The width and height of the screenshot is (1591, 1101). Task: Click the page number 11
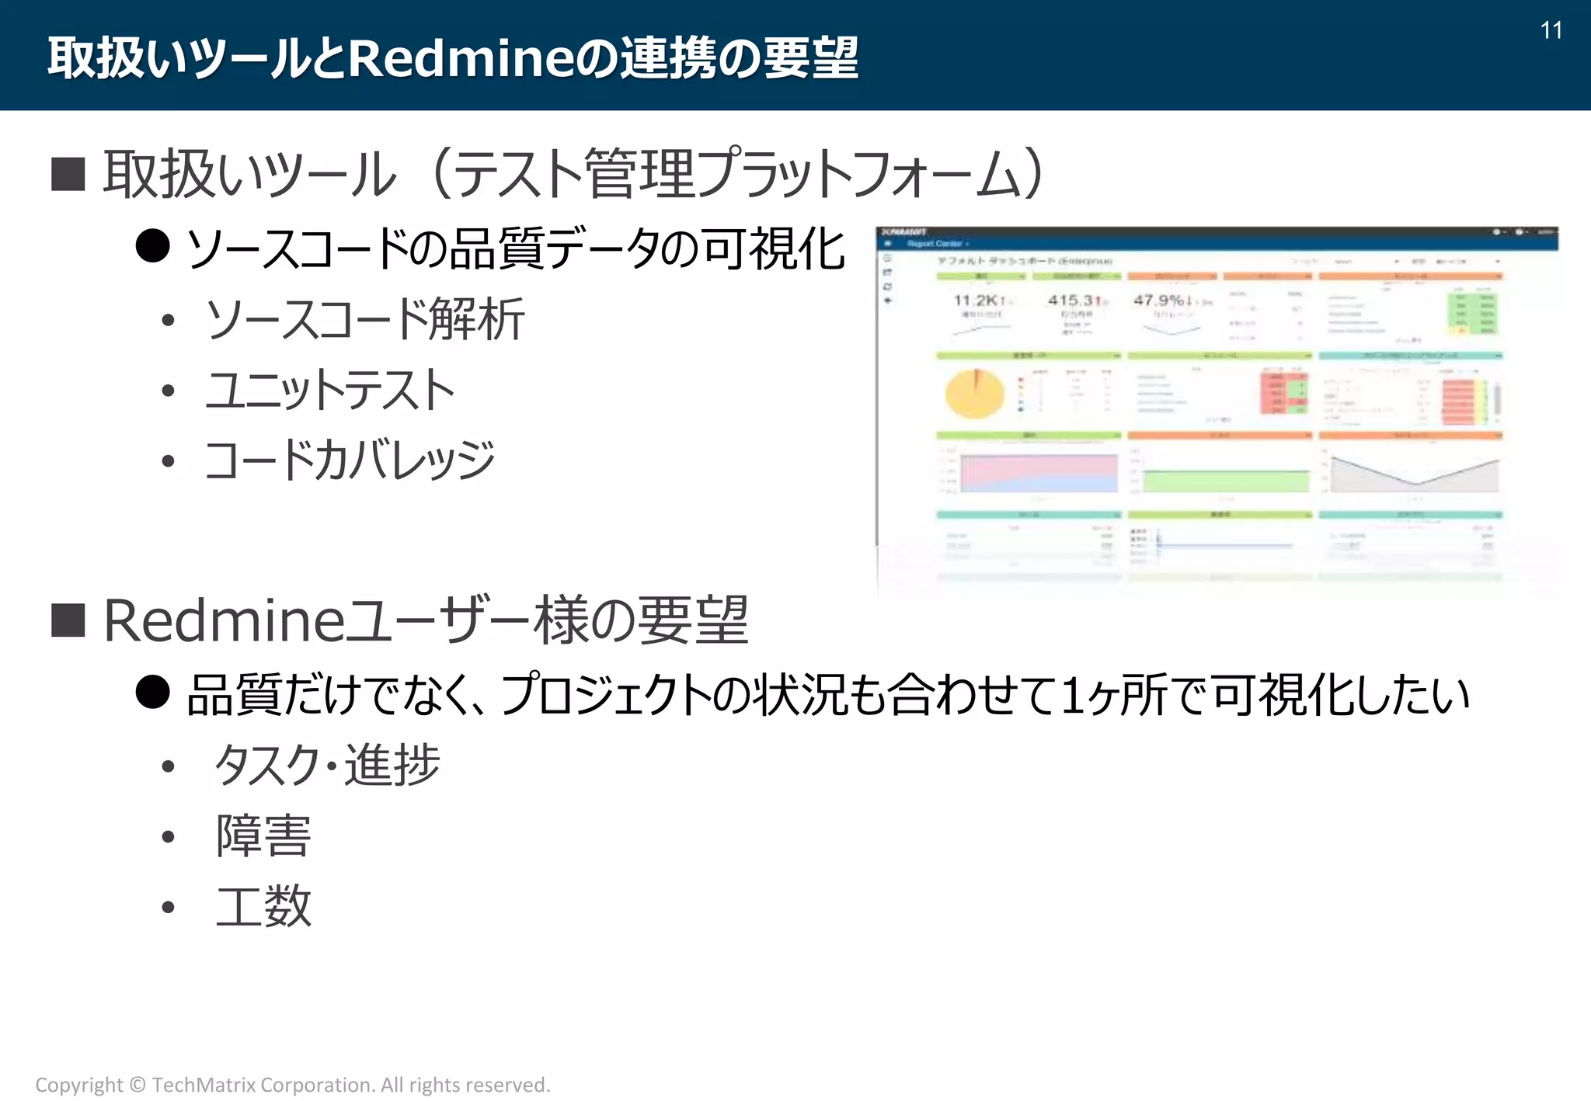pos(1551,30)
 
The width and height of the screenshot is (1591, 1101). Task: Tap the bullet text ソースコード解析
pos(364,319)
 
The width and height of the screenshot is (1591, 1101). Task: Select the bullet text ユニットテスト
pos(330,390)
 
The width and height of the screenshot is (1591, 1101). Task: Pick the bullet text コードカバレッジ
pos(350,460)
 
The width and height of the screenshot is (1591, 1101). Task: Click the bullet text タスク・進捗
pos(327,765)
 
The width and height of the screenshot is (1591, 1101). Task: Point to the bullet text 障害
pos(263,835)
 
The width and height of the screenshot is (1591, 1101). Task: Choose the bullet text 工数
pos(263,906)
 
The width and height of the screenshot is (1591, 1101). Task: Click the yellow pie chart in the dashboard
pos(974,394)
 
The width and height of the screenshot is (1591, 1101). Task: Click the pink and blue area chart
pos(1039,472)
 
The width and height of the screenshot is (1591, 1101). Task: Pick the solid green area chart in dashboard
pos(1225,480)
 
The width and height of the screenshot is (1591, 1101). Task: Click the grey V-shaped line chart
pos(1414,474)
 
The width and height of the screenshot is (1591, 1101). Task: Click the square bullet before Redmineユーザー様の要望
pos(68,620)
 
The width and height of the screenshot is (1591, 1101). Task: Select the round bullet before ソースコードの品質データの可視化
pos(152,246)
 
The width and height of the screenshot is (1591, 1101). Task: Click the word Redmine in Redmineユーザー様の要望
pos(224,620)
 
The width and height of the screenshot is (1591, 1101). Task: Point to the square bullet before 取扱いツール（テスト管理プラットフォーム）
pos(68,174)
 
